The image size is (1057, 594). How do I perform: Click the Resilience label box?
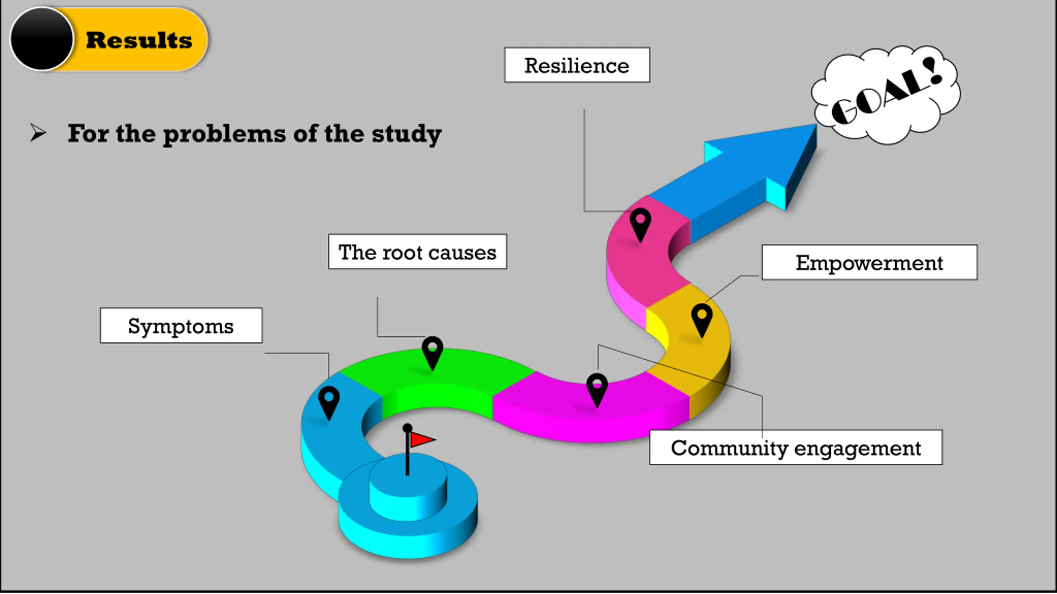click(x=577, y=65)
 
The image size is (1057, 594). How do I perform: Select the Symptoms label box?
click(x=181, y=325)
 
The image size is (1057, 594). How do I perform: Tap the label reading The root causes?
click(x=417, y=252)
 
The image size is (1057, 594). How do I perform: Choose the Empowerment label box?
click(x=869, y=262)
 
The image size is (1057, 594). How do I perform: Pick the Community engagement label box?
click(x=796, y=448)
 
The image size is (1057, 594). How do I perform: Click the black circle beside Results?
click(x=42, y=39)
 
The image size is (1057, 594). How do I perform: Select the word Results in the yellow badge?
click(x=139, y=40)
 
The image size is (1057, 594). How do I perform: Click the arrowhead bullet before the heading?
click(x=38, y=133)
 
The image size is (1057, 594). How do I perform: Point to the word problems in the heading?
click(x=225, y=134)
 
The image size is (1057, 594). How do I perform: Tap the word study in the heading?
click(x=407, y=134)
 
